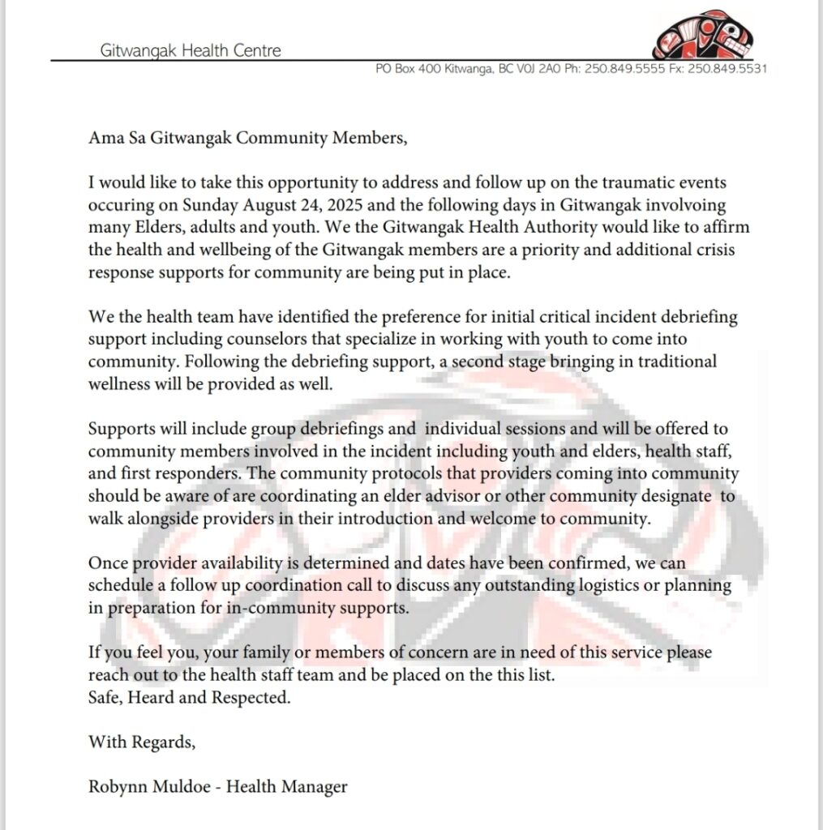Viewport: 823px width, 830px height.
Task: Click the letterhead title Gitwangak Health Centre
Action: pyautogui.click(x=190, y=50)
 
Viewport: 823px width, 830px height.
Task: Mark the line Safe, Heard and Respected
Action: pyautogui.click(x=189, y=697)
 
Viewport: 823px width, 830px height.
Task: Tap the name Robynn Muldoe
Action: pyautogui.click(x=148, y=785)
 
